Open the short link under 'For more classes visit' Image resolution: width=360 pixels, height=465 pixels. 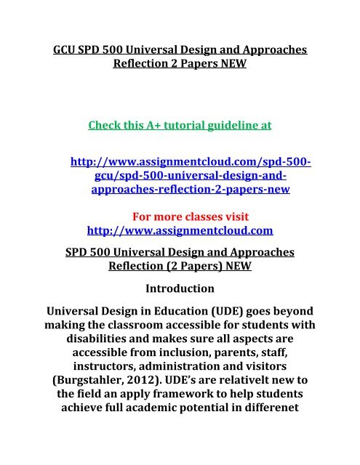coord(180,231)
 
